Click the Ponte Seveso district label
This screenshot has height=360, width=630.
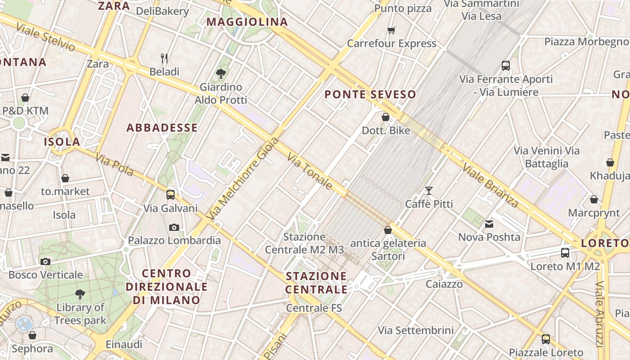pyautogui.click(x=370, y=94)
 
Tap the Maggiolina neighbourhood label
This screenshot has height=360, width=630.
pyautogui.click(x=247, y=22)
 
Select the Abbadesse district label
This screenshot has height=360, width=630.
pyautogui.click(x=162, y=128)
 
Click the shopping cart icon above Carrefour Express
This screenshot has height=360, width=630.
pyautogui.click(x=391, y=31)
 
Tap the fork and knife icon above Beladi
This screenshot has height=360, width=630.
pyautogui.click(x=164, y=58)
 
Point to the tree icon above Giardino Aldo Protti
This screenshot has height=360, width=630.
pyautogui.click(x=220, y=73)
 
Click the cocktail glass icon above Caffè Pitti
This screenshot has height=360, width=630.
pyautogui.click(x=429, y=191)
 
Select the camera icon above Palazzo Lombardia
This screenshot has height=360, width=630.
pyautogui.click(x=174, y=227)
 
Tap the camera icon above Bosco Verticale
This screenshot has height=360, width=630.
pyautogui.click(x=45, y=261)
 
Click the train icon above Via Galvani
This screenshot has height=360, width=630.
pyautogui.click(x=171, y=194)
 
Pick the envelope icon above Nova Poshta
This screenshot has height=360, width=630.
pyautogui.click(x=489, y=224)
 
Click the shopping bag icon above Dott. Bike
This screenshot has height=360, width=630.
pyautogui.click(x=386, y=117)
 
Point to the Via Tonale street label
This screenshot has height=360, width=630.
pyautogui.click(x=310, y=171)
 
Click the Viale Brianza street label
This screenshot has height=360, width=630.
pyautogui.click(x=490, y=184)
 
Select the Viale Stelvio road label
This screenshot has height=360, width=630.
pyautogui.click(x=45, y=37)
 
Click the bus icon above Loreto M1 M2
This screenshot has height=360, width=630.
pyautogui.click(x=565, y=253)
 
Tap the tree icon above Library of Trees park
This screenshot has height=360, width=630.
pyautogui.click(x=80, y=294)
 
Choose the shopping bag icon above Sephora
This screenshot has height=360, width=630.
pyautogui.click(x=32, y=335)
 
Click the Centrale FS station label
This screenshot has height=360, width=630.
pyautogui.click(x=314, y=308)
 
